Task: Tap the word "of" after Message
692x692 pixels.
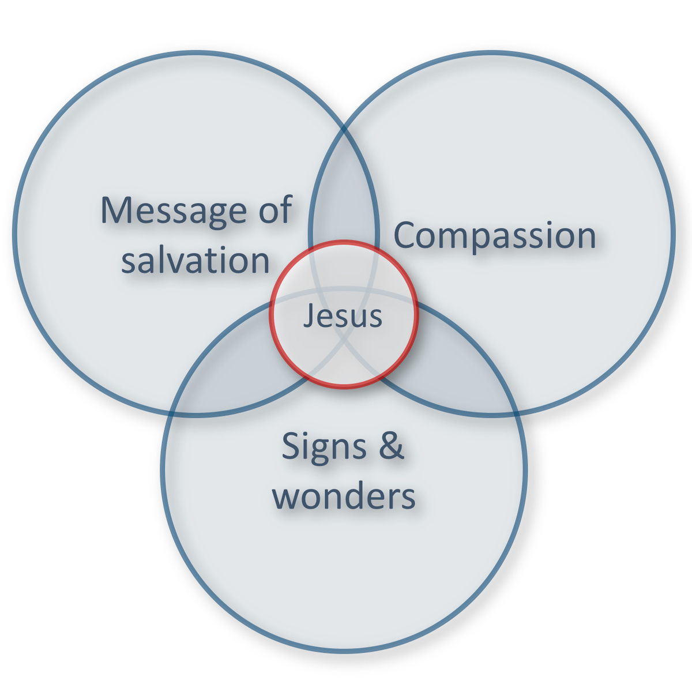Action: point(274,210)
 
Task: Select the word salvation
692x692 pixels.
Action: point(195,260)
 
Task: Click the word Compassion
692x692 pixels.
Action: point(494,235)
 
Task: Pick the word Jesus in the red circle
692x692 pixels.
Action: point(343,316)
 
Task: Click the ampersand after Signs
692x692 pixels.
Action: point(392,446)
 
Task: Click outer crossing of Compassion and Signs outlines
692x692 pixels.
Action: point(515,413)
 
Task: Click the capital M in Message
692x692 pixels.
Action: point(115,210)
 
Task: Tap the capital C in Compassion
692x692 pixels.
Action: point(406,235)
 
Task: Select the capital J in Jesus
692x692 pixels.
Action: point(309,317)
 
